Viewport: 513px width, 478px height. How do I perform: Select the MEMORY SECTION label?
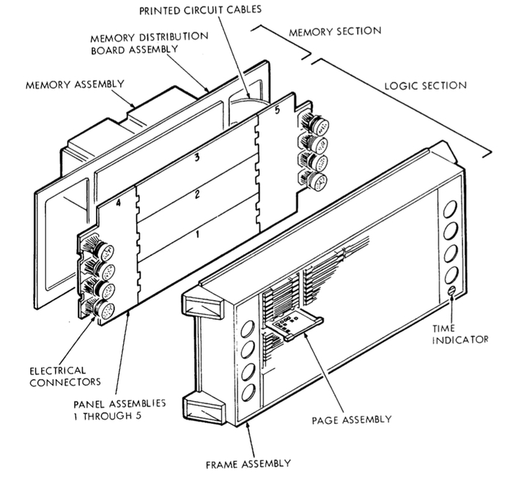click(x=335, y=31)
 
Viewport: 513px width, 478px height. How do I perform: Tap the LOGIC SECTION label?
click(x=425, y=85)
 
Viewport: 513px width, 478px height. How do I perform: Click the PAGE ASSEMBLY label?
click(x=351, y=419)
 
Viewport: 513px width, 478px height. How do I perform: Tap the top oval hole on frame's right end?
click(x=451, y=207)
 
